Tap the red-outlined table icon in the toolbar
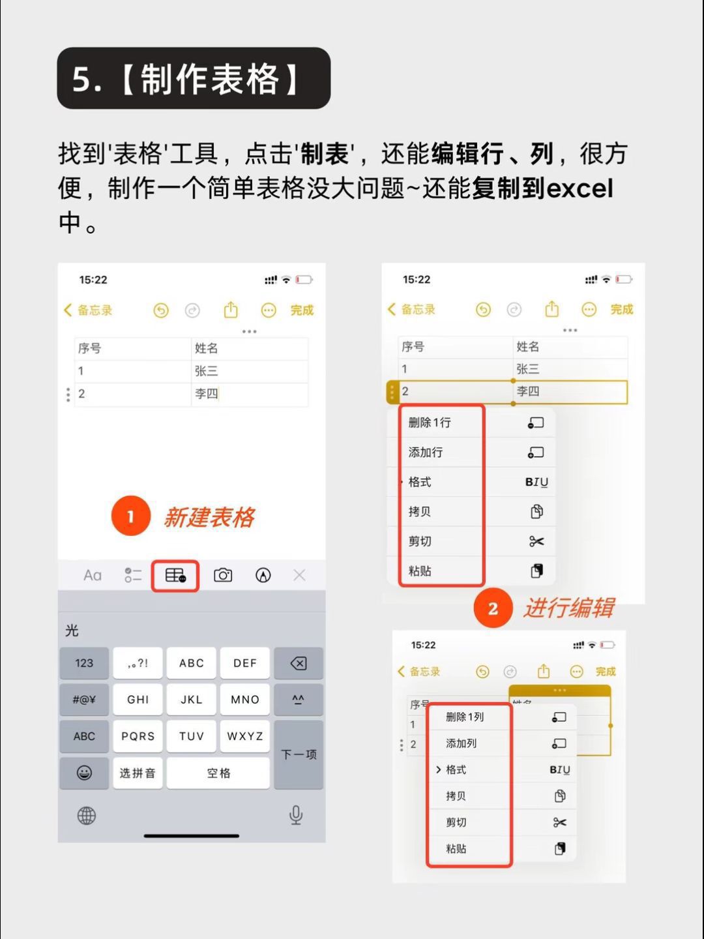pyautogui.click(x=175, y=575)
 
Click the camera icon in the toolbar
pyautogui.click(x=223, y=575)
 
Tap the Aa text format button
pyautogui.click(x=93, y=576)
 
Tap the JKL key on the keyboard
pyautogui.click(x=191, y=700)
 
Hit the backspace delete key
pyautogui.click(x=299, y=664)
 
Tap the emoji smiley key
pyautogui.click(x=84, y=773)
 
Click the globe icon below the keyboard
pyautogui.click(x=86, y=816)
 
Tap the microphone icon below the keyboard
pyautogui.click(x=296, y=815)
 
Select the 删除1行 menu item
pyautogui.click(x=430, y=423)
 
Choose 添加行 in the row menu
pyautogui.click(x=425, y=452)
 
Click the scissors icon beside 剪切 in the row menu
pyautogui.click(x=536, y=542)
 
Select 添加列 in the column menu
pyautogui.click(x=462, y=743)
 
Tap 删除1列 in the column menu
pyautogui.click(x=465, y=717)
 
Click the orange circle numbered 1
pyautogui.click(x=131, y=516)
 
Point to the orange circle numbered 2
pyautogui.click(x=493, y=608)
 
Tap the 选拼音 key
pyautogui.click(x=138, y=773)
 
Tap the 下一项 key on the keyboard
pyautogui.click(x=299, y=754)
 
